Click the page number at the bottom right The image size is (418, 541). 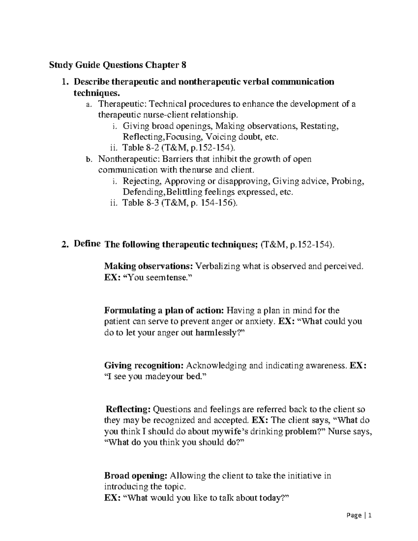pyautogui.click(x=362, y=516)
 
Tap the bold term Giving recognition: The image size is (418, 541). pyautogui.click(x=144, y=365)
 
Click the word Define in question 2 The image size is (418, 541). pyautogui.click(x=87, y=244)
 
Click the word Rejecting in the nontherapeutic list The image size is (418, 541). pyautogui.click(x=142, y=181)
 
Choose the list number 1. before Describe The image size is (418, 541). pyautogui.click(x=63, y=82)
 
